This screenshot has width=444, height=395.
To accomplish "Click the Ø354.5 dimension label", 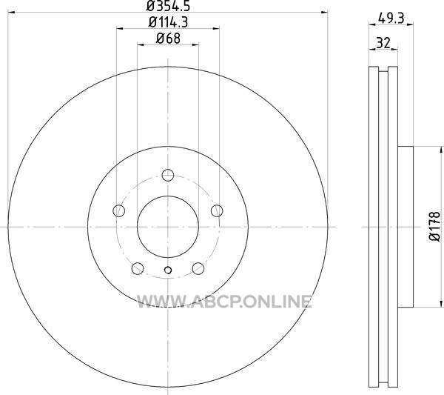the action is tap(168, 6).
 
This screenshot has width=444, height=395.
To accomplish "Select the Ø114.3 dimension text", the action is tap(168, 22).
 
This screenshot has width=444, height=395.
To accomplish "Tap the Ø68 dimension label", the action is tap(168, 39).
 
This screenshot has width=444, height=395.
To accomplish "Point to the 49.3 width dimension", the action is tap(391, 19).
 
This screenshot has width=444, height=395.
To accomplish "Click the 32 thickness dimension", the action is tap(383, 43).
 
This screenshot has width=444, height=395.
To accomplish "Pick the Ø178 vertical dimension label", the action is tap(435, 227).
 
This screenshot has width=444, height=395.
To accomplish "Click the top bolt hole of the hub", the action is tap(168, 175).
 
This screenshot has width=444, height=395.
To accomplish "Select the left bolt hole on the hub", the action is tap(119, 210).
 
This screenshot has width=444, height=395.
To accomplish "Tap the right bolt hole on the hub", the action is tap(217, 210).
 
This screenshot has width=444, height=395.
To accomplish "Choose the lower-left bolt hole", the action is tap(138, 268).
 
